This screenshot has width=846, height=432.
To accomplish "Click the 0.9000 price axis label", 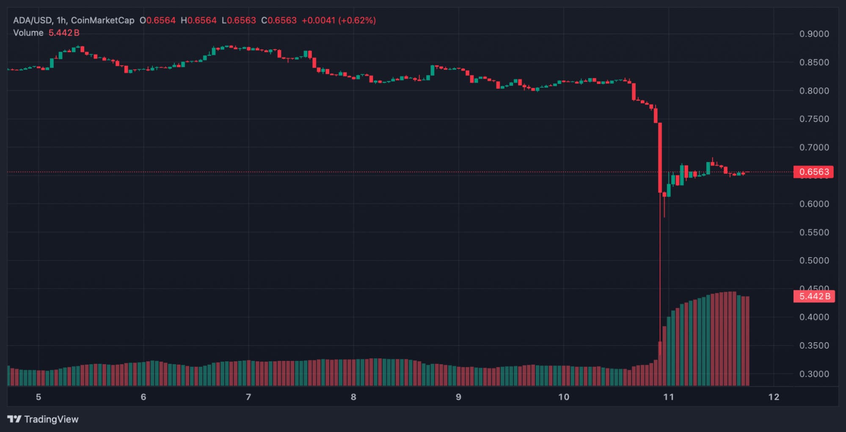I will [x=814, y=34].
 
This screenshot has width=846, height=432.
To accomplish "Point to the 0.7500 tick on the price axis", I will [x=814, y=119].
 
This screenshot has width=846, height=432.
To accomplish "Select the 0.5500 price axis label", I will [x=814, y=233].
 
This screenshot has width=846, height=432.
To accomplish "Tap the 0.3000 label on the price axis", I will [x=814, y=374].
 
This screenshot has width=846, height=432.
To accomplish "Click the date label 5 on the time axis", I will [x=39, y=397].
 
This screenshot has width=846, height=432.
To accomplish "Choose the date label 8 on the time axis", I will [x=353, y=397].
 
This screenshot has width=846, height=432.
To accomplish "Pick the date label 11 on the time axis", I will [x=668, y=397].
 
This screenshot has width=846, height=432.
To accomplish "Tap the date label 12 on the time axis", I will [x=774, y=397].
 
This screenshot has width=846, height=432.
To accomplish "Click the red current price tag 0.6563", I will [x=813, y=172].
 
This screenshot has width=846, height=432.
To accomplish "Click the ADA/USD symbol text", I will [x=32, y=20].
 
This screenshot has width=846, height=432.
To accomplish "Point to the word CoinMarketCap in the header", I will [x=102, y=20].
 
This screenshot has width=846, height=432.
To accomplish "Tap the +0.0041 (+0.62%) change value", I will [x=339, y=20].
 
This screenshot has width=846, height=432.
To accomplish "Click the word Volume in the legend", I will [x=28, y=33].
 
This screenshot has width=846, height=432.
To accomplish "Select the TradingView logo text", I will [x=51, y=419].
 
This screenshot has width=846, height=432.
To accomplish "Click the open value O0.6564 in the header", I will [x=157, y=20].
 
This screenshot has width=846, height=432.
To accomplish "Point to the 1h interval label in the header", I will [x=61, y=20].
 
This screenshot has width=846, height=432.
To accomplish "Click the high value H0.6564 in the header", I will [x=198, y=20].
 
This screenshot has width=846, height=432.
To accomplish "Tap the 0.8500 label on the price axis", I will [x=814, y=62].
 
